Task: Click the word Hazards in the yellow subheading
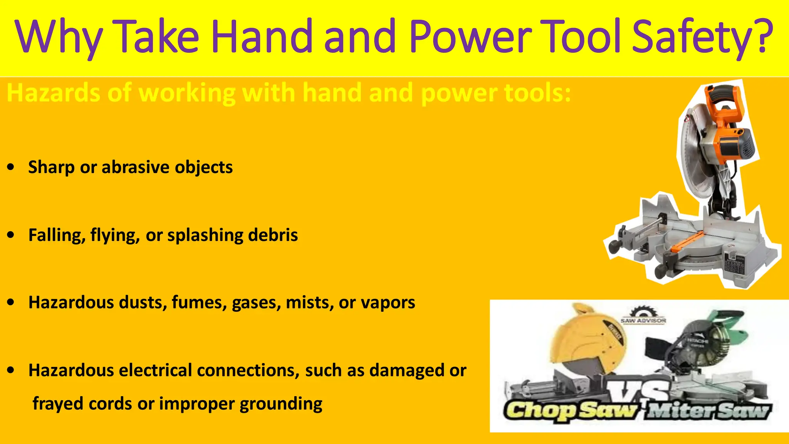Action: [x=54, y=93]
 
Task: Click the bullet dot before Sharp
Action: [x=11, y=167]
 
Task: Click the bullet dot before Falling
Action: [x=11, y=235]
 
